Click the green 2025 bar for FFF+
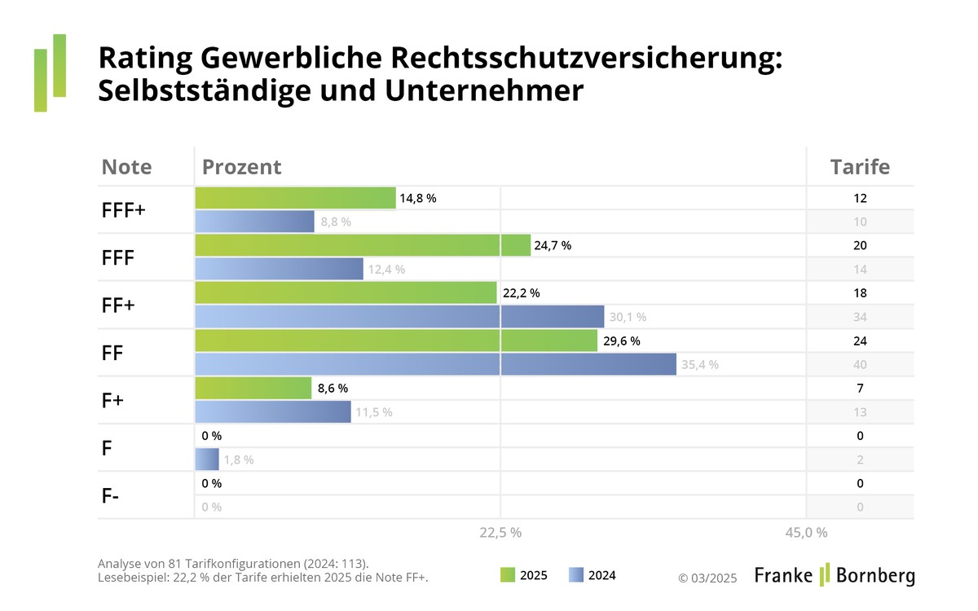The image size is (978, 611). tap(295, 198)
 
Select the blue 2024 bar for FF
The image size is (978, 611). tap(435, 364)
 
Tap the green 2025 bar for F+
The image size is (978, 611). tap(253, 389)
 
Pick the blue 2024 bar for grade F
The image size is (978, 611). tap(207, 459)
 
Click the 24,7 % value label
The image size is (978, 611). tap(553, 245)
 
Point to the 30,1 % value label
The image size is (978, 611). tap(628, 317)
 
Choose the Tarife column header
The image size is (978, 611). tap(860, 167)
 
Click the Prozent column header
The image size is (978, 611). tap(241, 167)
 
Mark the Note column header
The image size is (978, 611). tap(126, 167)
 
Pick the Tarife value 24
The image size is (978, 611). tap(861, 341)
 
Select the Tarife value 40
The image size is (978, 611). tap(861, 364)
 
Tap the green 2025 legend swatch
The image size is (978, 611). tap(507, 575)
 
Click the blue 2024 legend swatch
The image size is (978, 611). tap(575, 575)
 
